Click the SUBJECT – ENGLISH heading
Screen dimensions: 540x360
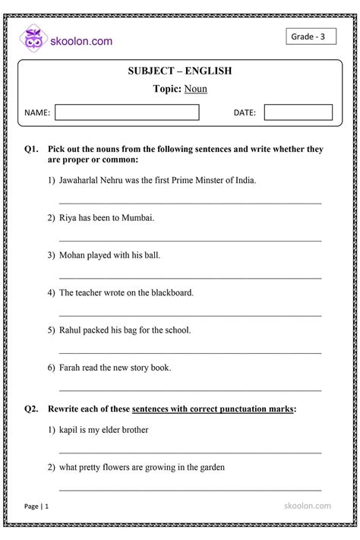click(180, 71)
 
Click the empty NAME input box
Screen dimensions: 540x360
click(127, 112)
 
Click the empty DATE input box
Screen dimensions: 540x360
click(298, 112)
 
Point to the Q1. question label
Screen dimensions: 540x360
click(31, 150)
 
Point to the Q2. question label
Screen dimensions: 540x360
click(31, 409)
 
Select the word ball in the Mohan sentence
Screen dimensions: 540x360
click(152, 255)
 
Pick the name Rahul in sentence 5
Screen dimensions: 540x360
click(71, 330)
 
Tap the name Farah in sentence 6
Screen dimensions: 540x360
click(71, 367)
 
